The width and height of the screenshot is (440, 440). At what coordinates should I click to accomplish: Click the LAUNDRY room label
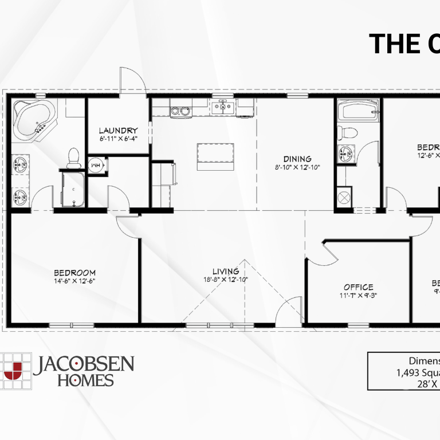click(117, 131)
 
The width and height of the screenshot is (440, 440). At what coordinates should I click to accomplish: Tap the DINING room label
click(297, 159)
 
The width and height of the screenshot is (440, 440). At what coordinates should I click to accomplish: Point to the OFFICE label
click(359, 287)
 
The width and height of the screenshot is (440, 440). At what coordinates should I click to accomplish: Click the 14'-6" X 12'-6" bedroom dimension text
click(74, 281)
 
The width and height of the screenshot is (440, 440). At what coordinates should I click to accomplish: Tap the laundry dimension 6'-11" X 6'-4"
click(117, 139)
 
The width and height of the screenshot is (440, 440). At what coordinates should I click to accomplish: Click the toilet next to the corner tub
click(73, 157)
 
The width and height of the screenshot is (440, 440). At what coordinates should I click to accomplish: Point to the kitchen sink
click(222, 106)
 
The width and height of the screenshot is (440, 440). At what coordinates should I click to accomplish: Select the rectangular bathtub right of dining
click(357, 109)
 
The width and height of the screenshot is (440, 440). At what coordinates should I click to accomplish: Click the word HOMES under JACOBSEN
click(85, 380)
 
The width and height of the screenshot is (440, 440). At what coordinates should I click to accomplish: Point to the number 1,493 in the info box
click(408, 374)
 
